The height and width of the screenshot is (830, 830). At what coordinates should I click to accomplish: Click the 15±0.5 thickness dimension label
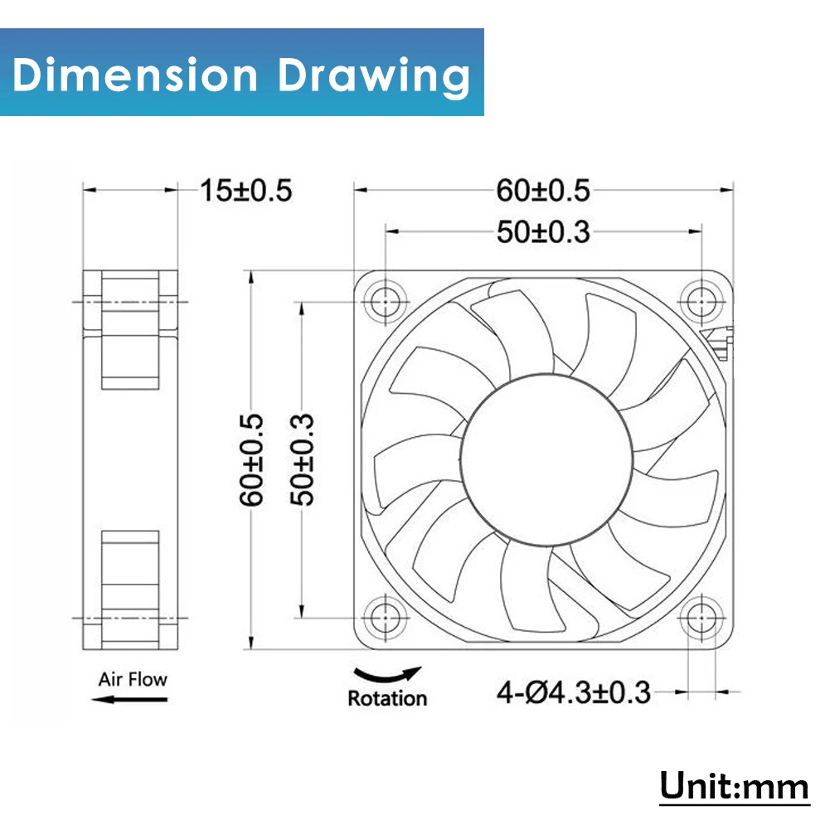coord(246,191)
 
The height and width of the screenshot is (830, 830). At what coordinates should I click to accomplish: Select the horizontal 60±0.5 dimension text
coord(543,191)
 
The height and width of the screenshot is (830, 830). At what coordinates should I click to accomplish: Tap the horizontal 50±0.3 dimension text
coord(543,232)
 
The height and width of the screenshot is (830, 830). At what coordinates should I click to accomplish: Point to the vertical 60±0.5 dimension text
coord(251,460)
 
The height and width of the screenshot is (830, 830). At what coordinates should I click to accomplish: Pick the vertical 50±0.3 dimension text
coord(303,460)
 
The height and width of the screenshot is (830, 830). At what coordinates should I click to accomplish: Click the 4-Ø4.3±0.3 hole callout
coord(573,692)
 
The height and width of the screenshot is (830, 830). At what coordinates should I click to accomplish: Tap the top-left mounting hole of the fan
coord(386,302)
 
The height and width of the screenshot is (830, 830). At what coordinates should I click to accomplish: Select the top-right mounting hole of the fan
coord(701,302)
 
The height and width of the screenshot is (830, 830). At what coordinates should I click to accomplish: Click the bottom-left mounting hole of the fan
coord(386,618)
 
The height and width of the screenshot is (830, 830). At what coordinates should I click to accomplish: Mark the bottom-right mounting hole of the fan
coord(701,618)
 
